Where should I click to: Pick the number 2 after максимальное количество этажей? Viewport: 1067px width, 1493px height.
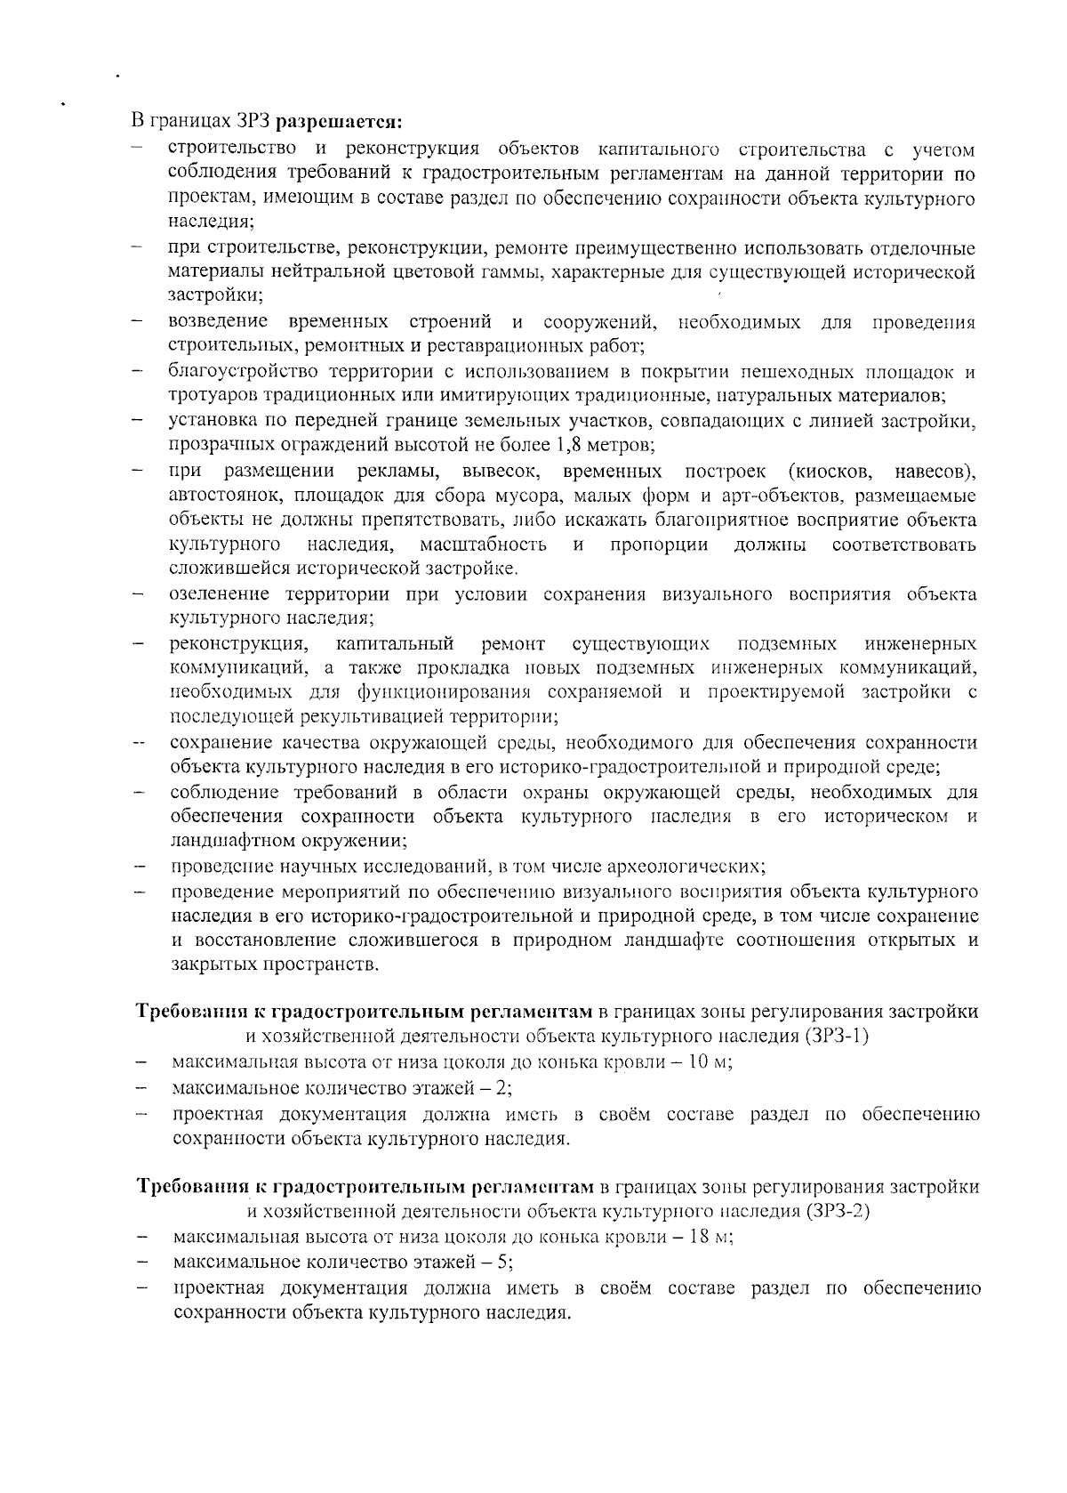pos(504,1087)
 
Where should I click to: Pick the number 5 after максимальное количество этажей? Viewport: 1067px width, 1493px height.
pos(504,1263)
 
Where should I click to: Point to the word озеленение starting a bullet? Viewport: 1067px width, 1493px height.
pos(221,594)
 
